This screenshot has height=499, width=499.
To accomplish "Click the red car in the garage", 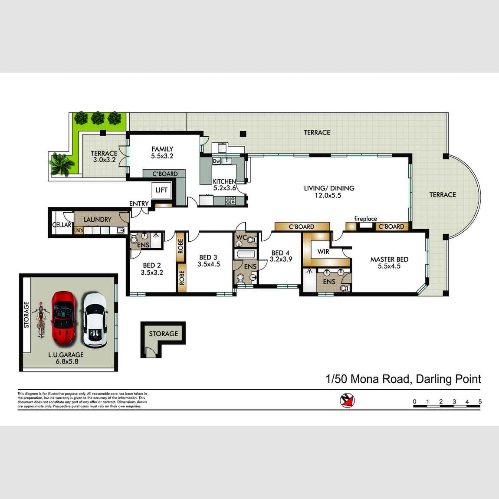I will click(x=64, y=318).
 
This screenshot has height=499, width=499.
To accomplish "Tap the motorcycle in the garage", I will click(x=41, y=319).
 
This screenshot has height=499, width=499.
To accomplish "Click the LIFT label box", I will click(x=161, y=190).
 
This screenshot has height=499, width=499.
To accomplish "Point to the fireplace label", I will click(x=365, y=219).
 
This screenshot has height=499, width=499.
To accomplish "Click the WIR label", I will click(x=323, y=251).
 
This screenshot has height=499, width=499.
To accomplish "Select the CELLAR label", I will click(x=62, y=225).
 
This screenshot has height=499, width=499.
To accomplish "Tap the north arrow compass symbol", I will click(x=347, y=400).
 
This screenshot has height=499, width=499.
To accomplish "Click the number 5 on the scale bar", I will click(x=480, y=402).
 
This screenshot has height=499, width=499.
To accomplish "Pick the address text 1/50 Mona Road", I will click(x=368, y=379).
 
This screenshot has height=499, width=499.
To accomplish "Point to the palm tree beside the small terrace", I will click(x=59, y=165).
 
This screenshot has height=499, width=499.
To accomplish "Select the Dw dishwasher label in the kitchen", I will click(x=217, y=161).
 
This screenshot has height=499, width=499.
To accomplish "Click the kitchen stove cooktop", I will click(x=230, y=200).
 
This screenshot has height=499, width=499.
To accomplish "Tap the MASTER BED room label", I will click(x=389, y=259).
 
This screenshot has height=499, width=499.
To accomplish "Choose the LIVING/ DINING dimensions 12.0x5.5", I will click(x=329, y=196).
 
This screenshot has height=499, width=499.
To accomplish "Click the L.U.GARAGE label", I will click(x=66, y=355).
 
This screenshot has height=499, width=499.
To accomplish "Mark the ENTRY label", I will click(x=139, y=204).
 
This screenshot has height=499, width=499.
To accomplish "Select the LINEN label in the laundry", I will click(x=79, y=230).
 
